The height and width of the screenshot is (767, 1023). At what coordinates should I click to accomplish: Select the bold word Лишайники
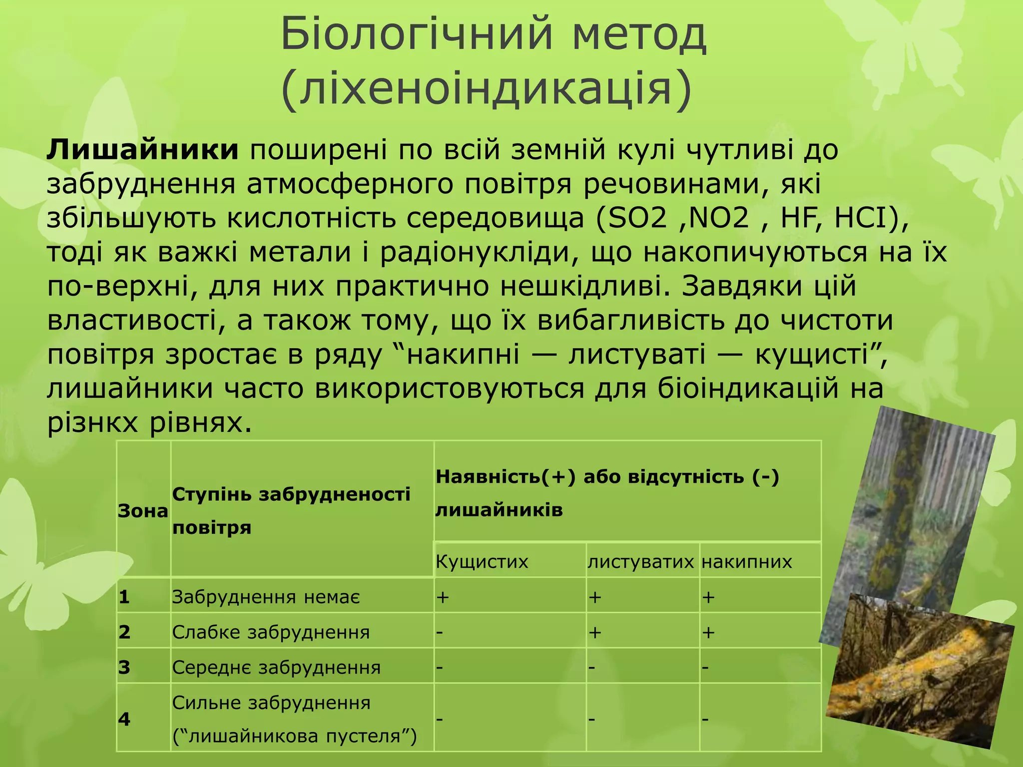tap(143, 150)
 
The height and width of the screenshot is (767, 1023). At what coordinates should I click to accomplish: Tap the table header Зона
tap(143, 511)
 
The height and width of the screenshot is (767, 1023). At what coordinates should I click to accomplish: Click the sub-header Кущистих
tap(482, 562)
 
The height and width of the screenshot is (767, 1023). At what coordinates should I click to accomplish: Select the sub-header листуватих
tap(640, 562)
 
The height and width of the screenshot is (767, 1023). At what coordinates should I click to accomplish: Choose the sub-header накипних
tap(747, 562)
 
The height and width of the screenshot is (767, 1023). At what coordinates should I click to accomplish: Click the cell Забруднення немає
tap(266, 597)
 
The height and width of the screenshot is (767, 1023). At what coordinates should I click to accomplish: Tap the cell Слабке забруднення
tap(271, 632)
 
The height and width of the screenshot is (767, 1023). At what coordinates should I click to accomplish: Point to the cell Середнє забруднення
tap(276, 667)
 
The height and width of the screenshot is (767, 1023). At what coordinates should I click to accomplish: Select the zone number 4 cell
tap(124, 719)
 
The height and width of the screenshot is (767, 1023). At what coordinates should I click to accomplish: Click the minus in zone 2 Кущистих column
tap(440, 632)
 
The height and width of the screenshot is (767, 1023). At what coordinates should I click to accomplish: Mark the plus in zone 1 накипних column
tap(708, 597)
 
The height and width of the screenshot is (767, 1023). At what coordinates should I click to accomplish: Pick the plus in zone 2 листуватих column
tap(594, 632)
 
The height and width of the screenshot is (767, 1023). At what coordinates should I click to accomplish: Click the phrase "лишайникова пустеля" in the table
tap(295, 736)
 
